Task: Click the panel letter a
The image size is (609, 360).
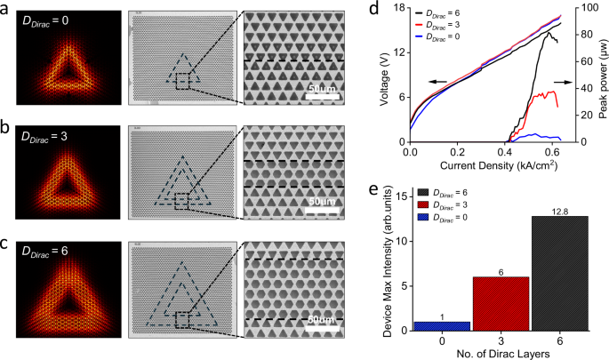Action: (x=8, y=9)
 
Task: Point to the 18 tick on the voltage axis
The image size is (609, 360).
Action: (x=401, y=9)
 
